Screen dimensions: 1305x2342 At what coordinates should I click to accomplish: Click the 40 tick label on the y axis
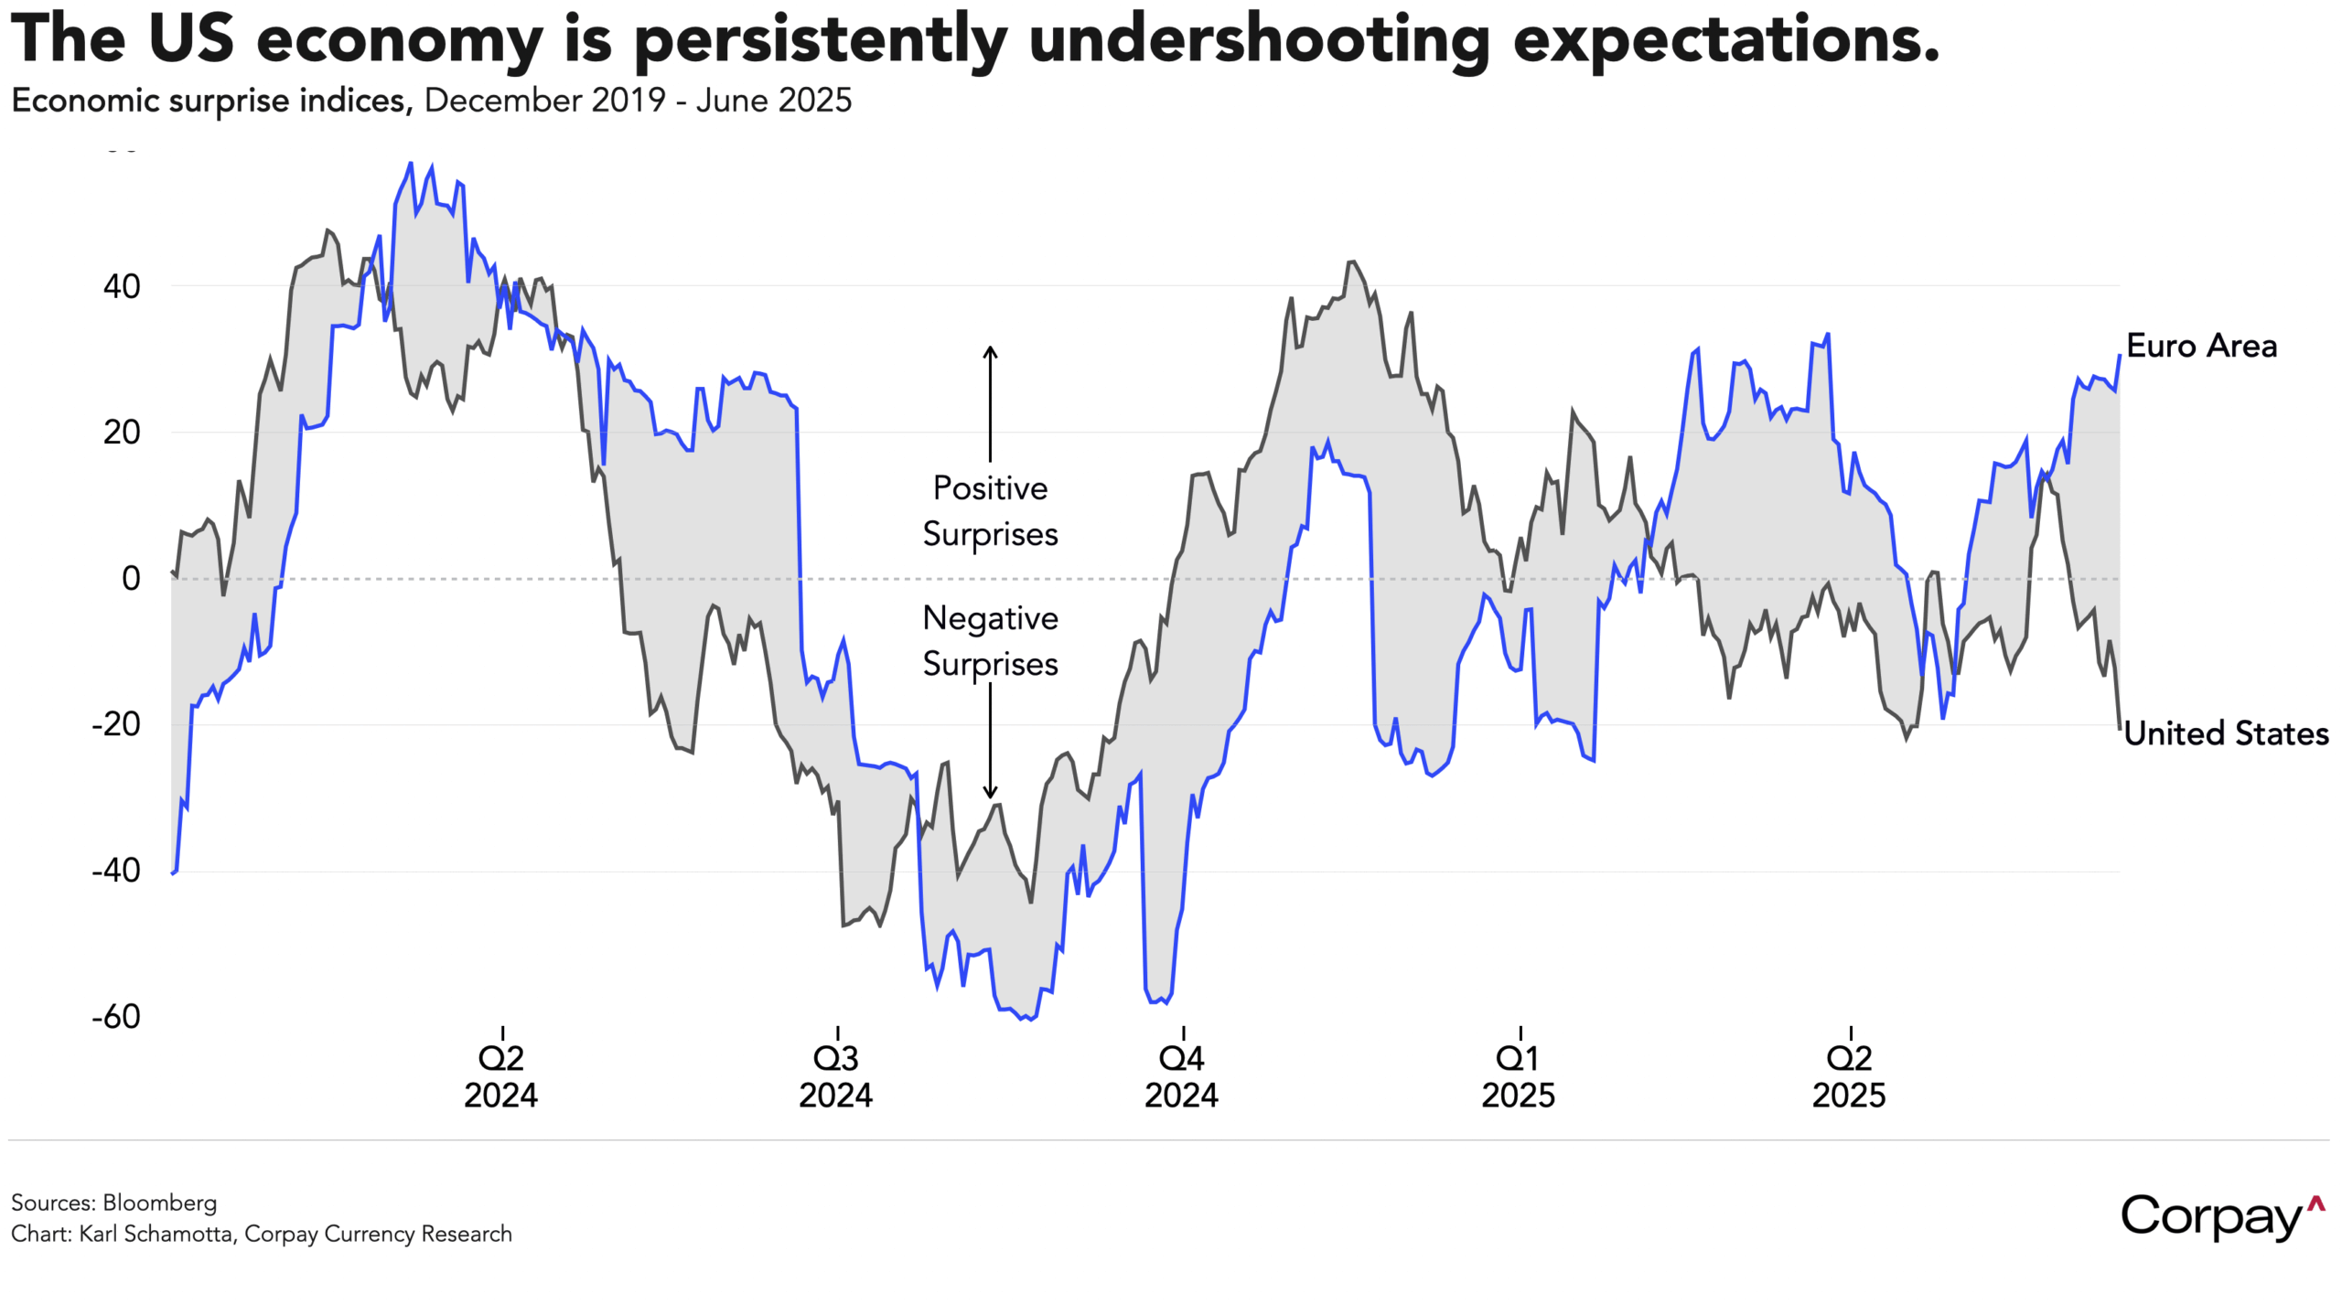click(x=122, y=287)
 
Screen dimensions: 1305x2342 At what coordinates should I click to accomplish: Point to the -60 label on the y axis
click(x=115, y=1017)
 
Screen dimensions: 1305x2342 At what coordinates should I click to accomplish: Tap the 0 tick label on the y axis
click(x=131, y=579)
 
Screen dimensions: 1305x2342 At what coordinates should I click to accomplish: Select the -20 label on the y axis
click(x=115, y=724)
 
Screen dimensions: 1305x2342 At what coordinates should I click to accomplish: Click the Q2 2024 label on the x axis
click(x=501, y=1076)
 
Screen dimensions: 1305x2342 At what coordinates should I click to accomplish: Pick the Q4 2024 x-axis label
click(x=1181, y=1076)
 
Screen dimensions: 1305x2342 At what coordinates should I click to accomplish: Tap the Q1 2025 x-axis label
click(x=1518, y=1076)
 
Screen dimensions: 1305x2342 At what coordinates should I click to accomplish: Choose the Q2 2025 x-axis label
click(x=1849, y=1076)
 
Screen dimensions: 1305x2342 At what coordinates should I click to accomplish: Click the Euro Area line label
click(x=2201, y=347)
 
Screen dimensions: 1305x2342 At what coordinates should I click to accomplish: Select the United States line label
click(x=2225, y=733)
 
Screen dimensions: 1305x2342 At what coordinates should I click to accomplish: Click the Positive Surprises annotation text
click(x=990, y=510)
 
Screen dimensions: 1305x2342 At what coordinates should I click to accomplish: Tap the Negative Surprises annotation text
click(x=990, y=641)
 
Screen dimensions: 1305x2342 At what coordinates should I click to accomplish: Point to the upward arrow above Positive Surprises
click(x=990, y=402)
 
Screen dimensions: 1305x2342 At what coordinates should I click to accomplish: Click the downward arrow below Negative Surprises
click(x=990, y=741)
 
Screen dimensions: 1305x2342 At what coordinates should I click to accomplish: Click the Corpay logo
click(x=2221, y=1217)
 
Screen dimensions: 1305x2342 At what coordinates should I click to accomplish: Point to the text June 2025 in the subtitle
click(x=774, y=101)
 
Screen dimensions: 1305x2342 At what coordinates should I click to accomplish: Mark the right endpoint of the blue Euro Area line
click(x=2120, y=356)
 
